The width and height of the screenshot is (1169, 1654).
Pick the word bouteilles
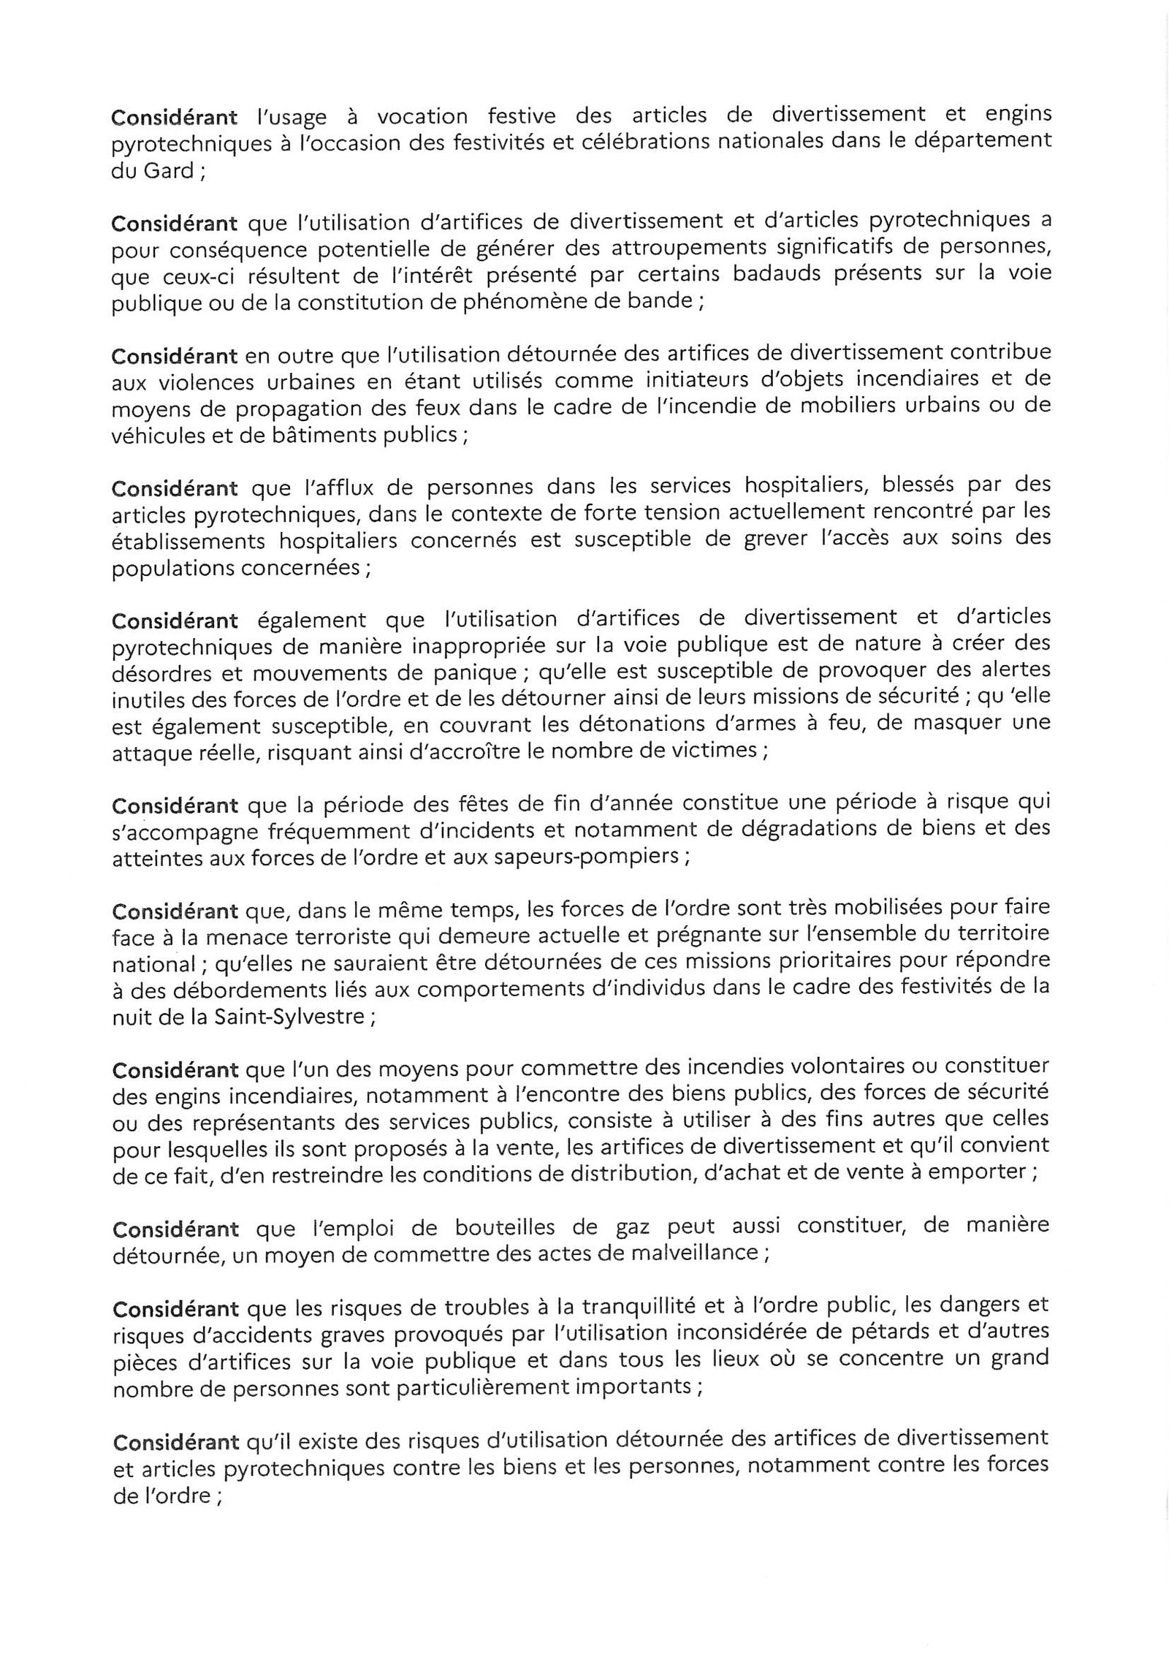click(444, 1226)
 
